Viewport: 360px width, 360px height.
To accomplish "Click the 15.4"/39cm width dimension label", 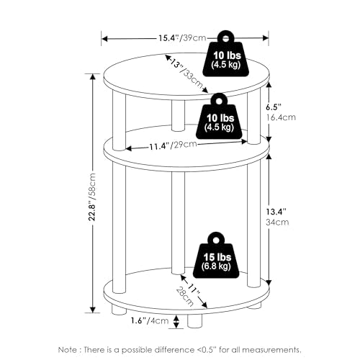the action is (182, 38).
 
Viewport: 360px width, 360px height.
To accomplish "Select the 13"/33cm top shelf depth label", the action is (186, 73).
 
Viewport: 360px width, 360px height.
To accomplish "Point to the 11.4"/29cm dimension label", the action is (173, 145).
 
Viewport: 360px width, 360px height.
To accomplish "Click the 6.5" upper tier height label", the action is (273, 107).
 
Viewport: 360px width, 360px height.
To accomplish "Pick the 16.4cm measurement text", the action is (281, 117).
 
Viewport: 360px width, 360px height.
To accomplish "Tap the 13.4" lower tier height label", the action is (276, 212).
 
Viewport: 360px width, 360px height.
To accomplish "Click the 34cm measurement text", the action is (277, 222).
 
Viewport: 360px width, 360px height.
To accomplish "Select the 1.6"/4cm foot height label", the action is (150, 320).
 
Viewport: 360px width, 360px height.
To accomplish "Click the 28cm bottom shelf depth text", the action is (185, 297).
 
